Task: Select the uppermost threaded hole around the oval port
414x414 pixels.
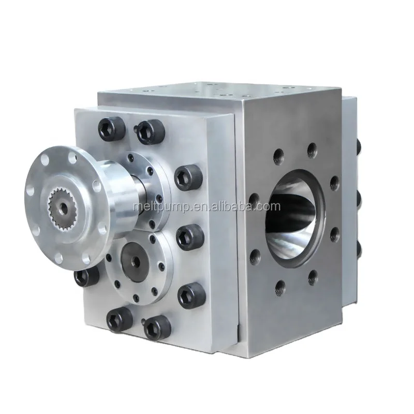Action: pos(312,151)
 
